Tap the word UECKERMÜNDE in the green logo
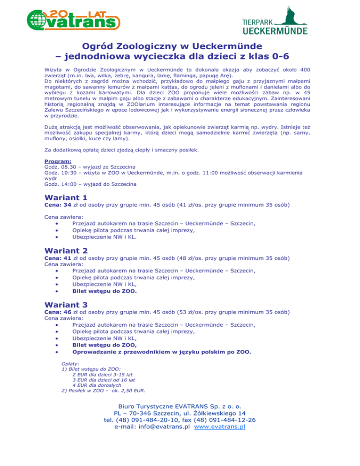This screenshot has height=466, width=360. point(275,31)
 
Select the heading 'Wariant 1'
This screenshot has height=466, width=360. point(66,198)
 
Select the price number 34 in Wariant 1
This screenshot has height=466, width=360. point(67,205)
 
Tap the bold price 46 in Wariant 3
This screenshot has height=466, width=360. point(67,311)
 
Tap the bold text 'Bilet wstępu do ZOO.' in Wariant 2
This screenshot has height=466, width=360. point(105,291)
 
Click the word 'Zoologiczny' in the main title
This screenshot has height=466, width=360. point(150,47)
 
